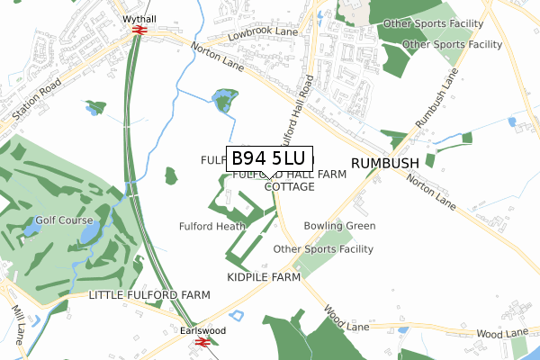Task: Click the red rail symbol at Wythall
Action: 139,31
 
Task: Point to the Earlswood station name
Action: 202,330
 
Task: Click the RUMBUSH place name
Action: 385,162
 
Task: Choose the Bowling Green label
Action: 339,226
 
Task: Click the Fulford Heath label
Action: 212,226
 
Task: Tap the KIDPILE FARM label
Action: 263,278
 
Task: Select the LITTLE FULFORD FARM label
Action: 149,295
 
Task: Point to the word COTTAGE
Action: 289,187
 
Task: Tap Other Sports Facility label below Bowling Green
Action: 322,249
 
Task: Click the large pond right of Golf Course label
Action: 91,234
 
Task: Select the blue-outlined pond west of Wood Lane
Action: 238,316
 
